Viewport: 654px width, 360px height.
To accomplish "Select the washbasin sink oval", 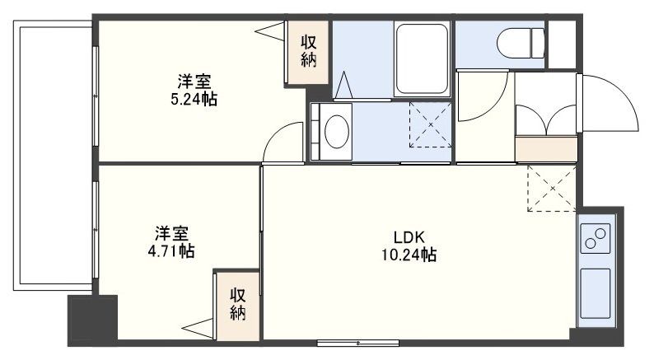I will point(336,130).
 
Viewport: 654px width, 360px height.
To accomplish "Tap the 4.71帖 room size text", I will point(172,250).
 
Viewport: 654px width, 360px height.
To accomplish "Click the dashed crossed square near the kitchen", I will point(550,188).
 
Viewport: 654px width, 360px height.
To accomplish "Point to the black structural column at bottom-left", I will point(82,321).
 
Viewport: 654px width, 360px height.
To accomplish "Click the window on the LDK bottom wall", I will point(358,342).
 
